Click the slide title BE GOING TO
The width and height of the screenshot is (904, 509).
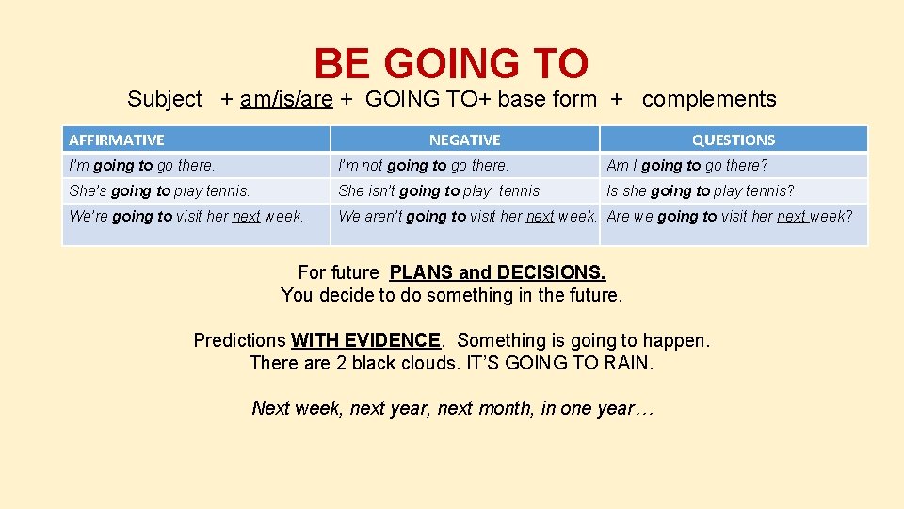[x=451, y=64]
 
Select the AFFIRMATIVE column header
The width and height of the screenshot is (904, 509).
[x=116, y=140]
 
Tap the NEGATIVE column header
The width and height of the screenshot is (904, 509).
[x=464, y=140]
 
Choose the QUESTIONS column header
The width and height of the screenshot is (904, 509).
[x=733, y=140]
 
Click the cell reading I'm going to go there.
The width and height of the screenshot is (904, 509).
[x=142, y=165]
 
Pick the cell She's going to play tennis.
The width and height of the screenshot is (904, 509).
[x=159, y=190]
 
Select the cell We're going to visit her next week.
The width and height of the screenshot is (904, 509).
[x=186, y=216]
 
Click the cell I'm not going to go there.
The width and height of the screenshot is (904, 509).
[x=423, y=165]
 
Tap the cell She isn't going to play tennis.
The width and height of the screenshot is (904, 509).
[x=441, y=190]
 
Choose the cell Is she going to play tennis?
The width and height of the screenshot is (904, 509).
[x=701, y=190]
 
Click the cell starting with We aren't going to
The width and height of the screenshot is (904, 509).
[x=467, y=216]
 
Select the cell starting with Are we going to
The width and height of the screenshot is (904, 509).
[x=730, y=216]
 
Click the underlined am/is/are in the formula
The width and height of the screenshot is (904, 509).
[x=286, y=99]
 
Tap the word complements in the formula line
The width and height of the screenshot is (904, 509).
[x=709, y=99]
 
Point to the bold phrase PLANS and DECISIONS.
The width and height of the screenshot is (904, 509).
[x=497, y=272]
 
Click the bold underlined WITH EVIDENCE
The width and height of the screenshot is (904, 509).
[x=365, y=340]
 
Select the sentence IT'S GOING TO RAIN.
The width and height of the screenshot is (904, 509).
[x=559, y=363]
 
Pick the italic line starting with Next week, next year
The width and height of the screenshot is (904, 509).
[x=452, y=408]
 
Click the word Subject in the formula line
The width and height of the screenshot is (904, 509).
[x=165, y=99]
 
